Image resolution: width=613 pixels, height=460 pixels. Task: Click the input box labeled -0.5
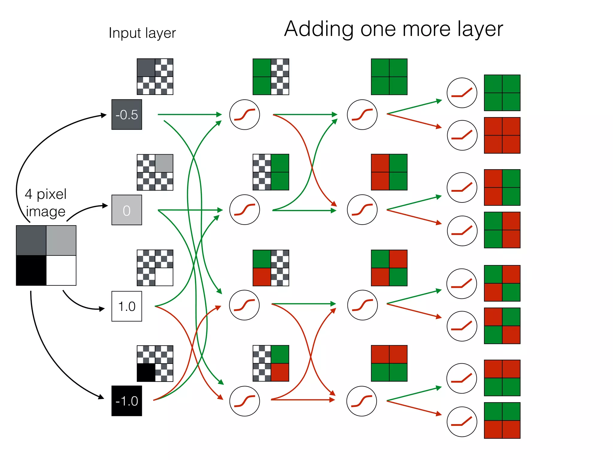127,114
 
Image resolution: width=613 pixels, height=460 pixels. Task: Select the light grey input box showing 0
127,210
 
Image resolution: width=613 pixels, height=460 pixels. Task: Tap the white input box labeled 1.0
127,306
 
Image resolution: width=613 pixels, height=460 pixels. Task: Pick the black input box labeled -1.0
127,401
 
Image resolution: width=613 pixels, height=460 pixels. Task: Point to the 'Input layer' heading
142,33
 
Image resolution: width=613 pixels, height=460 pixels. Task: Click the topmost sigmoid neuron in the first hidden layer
245,114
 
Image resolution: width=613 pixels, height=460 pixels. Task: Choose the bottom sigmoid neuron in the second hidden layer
362,401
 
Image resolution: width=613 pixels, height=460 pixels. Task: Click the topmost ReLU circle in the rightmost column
462,93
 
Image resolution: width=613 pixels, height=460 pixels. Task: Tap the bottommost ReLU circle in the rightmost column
462,422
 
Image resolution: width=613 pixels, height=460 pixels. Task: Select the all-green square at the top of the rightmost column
502,93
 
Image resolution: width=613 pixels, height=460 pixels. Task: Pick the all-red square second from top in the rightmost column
502,135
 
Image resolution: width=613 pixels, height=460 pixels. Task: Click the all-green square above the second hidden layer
389,77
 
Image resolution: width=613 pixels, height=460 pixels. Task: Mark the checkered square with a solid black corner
155,363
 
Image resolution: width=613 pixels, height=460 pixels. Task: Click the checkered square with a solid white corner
155,268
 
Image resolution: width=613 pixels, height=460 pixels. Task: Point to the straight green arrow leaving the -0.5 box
189,114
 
